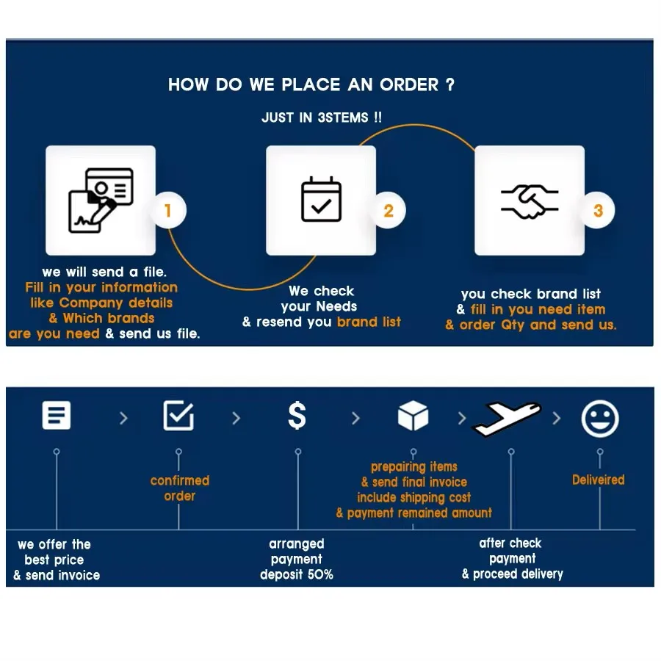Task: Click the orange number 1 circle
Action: point(167,212)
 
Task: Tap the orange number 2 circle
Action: point(389,212)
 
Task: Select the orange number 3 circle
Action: point(598,212)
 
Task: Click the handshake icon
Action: point(530,201)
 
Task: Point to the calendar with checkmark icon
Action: point(321,200)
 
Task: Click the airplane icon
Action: point(507,418)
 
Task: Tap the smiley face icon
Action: point(600,419)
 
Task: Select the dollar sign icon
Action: point(297,416)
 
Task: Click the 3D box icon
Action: point(413,416)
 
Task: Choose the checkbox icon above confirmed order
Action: point(178,416)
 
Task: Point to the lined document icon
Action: point(57,416)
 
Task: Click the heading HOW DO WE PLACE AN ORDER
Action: point(311,84)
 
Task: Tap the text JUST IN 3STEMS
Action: point(322,118)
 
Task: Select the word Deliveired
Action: point(598,480)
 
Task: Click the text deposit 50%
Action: point(297,574)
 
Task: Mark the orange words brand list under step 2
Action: point(369,322)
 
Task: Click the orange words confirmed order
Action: point(180,488)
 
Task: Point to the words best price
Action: point(54,560)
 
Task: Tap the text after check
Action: point(510,543)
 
